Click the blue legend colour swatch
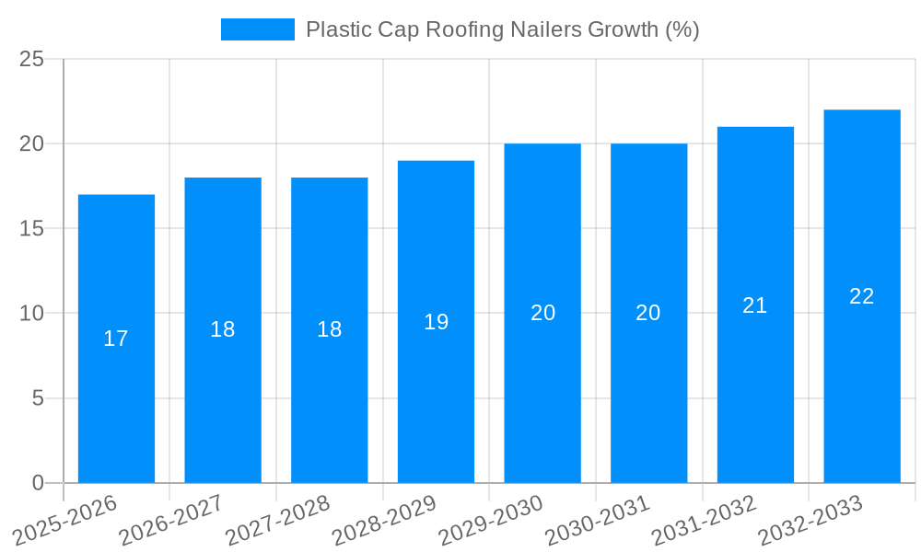click(x=257, y=29)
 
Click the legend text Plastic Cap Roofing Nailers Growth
click(x=502, y=29)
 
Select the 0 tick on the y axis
click(x=38, y=483)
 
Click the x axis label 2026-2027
click(x=169, y=521)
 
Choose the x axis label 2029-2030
click(x=489, y=521)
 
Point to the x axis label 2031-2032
click(x=703, y=521)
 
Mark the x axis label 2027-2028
click(x=276, y=521)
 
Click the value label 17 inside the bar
click(x=116, y=339)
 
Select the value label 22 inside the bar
click(x=862, y=296)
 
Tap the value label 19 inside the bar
click(x=436, y=322)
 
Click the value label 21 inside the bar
click(x=755, y=305)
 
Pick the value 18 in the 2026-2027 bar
click(x=223, y=329)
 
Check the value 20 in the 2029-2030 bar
click(x=542, y=313)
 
